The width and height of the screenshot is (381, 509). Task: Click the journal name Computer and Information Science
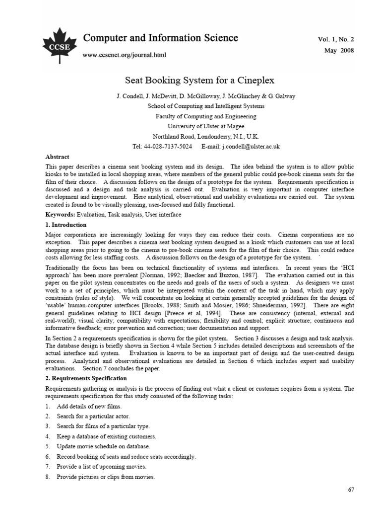pyautogui.click(x=160, y=38)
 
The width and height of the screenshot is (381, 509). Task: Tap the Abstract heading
pyautogui.click(x=57, y=157)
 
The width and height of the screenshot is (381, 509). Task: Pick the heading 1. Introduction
pyautogui.click(x=65, y=225)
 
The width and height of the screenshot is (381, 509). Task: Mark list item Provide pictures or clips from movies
pyautogui.click(x=106, y=477)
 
